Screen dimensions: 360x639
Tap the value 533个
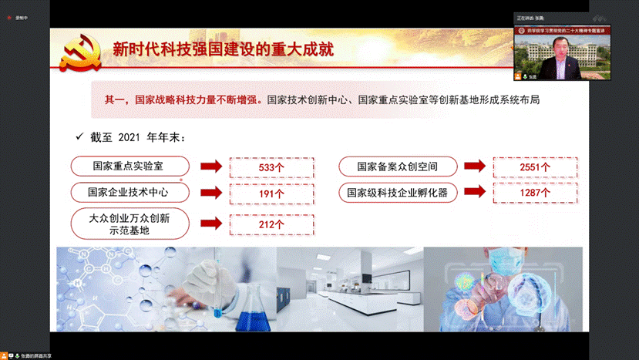tap(263, 167)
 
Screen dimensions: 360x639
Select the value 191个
tap(263, 193)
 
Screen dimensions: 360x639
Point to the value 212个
tap(263, 224)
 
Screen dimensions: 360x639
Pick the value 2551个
tap(535, 167)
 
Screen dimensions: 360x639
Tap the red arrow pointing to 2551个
tap(474, 166)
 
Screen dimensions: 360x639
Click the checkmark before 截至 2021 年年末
tap(78, 137)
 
